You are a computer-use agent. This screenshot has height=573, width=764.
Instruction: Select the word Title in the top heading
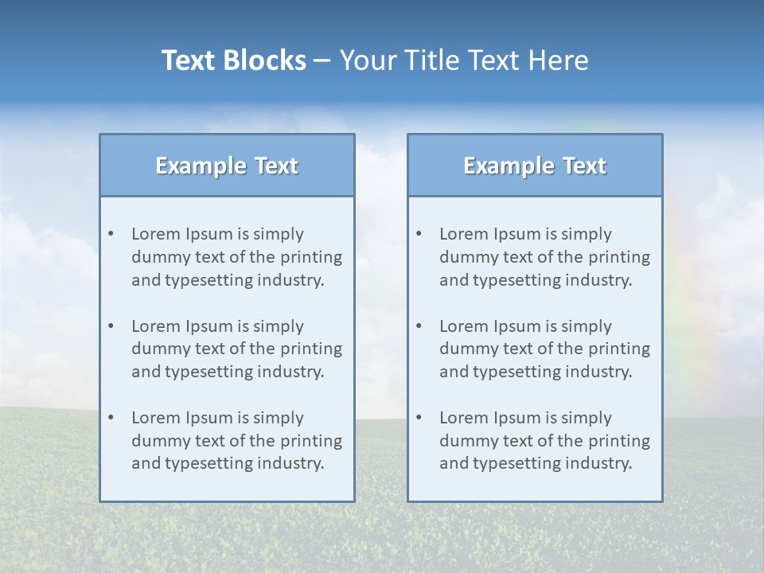434,60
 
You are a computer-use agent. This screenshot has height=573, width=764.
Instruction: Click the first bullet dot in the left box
111,234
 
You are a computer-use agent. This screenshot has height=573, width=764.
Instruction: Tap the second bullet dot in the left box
111,326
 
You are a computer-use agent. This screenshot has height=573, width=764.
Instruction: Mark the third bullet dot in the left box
111,418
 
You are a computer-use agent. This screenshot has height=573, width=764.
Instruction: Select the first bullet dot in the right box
419,234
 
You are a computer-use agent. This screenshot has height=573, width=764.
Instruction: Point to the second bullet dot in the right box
419,326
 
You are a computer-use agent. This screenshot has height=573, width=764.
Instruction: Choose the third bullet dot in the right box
419,418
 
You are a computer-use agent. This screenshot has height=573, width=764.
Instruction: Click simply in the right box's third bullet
587,418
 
